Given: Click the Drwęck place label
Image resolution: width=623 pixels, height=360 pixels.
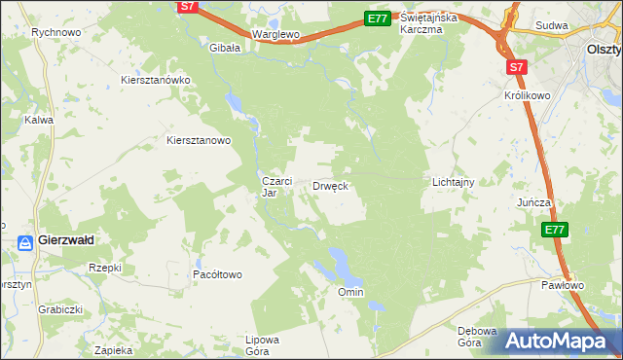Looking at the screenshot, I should click(330, 185).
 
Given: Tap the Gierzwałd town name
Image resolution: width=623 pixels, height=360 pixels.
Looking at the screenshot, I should click(66, 241).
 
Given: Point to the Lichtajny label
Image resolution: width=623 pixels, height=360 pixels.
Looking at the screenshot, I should click(453, 182).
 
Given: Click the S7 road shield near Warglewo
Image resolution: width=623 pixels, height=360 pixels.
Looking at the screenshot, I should click(190, 7).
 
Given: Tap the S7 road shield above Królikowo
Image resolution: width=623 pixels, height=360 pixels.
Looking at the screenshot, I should click(517, 66).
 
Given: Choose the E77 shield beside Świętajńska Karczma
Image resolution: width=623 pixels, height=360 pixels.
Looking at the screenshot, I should click(378, 18).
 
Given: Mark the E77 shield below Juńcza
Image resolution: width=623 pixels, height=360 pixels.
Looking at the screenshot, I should click(554, 230).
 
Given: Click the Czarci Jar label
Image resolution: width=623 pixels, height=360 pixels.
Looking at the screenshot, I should click(273, 186).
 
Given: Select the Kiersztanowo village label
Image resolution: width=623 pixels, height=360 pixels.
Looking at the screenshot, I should click(199, 140).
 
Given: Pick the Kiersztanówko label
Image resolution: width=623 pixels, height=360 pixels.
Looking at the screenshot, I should click(155, 80).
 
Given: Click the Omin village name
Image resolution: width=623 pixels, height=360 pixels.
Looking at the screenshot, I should click(350, 292).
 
